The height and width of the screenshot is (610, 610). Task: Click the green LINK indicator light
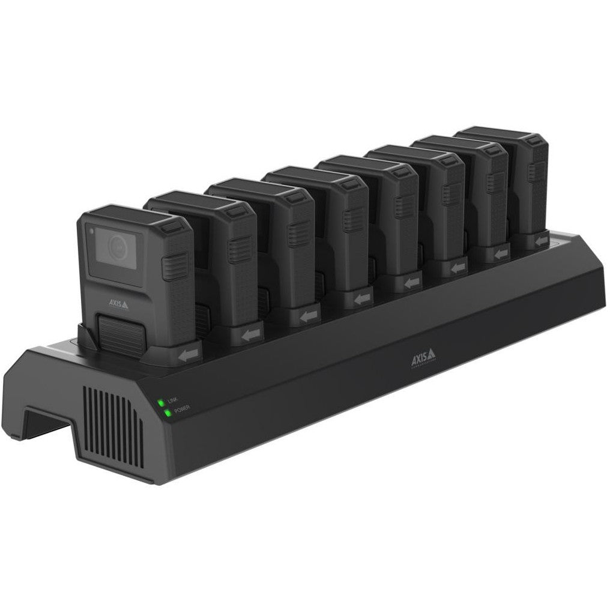(x=160, y=402)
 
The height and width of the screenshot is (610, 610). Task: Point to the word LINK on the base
(x=172, y=399)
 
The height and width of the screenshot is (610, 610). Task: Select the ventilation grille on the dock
(x=112, y=426)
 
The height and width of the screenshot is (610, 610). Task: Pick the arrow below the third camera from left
(x=309, y=315)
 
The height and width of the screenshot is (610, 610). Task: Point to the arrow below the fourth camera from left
(x=361, y=298)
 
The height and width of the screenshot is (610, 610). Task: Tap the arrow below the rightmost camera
(x=542, y=240)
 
